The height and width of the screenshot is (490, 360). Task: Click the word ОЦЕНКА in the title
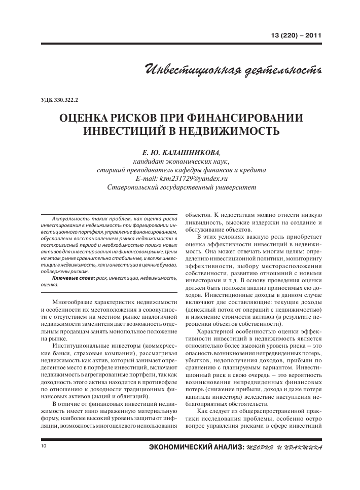[88, 118]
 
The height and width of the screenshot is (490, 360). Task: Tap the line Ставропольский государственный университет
[182, 188]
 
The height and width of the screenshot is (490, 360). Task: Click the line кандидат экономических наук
[182, 161]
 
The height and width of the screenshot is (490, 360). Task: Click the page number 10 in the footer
[43, 446]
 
